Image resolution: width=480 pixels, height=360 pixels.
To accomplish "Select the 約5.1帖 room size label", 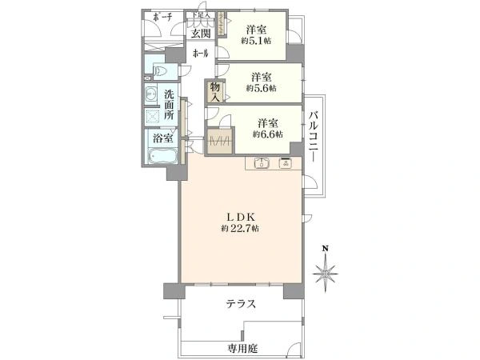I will coord(255,39).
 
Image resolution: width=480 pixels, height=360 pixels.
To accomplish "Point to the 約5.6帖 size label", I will coord(261,89).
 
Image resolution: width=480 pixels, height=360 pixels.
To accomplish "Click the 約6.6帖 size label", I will coord(266,134).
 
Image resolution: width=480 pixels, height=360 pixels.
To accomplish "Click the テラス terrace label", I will coord(240,304).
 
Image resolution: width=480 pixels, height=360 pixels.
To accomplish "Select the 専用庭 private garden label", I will coord(241,349).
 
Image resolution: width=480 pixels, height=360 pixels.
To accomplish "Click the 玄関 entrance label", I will coord(200,33).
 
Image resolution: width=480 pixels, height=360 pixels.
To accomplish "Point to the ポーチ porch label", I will coord(162,18).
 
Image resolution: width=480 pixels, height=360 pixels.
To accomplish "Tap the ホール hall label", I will coord(200,54).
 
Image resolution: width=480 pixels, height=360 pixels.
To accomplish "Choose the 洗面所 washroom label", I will coord(170,105).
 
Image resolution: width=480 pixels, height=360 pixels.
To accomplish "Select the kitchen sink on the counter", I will coord(261,165).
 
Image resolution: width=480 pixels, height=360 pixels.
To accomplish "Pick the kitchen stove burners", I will coord(284,165).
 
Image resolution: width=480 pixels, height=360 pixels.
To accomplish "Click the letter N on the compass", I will coord(325,248).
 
